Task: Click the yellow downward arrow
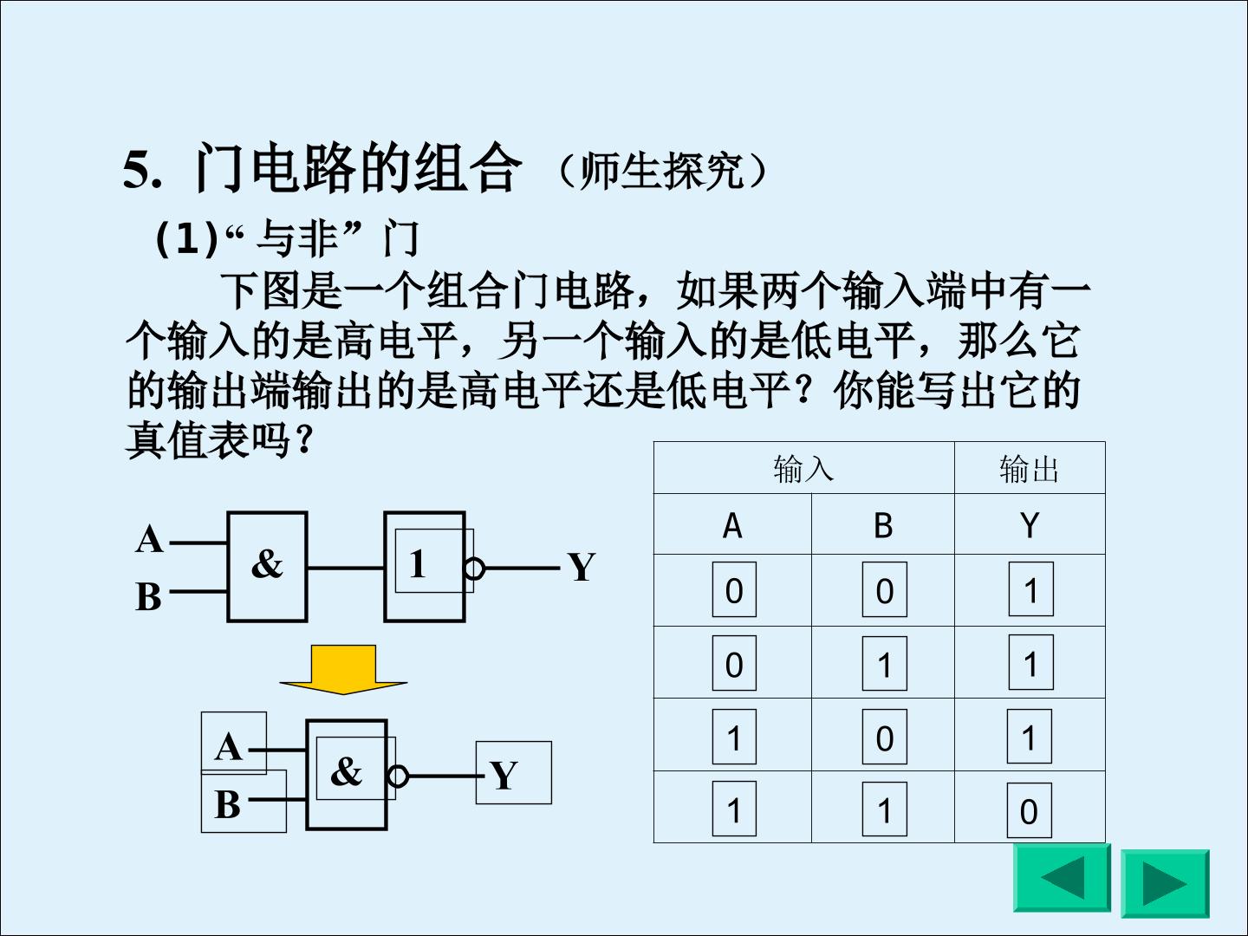(x=343, y=669)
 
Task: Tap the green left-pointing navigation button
(x=1062, y=878)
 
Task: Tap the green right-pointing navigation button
(x=1165, y=883)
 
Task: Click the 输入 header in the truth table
(x=803, y=469)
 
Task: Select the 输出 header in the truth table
(x=1029, y=469)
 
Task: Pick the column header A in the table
(x=732, y=525)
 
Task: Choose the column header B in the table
(x=883, y=525)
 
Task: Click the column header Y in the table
(x=1030, y=525)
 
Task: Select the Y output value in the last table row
(x=1029, y=811)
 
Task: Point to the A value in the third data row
(x=734, y=738)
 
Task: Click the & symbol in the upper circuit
(x=267, y=563)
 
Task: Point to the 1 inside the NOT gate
(x=418, y=563)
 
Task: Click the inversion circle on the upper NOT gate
(x=474, y=569)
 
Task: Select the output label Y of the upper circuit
(x=581, y=567)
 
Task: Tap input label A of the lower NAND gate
(x=229, y=746)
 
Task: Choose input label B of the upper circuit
(x=148, y=596)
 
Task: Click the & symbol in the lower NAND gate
(x=346, y=770)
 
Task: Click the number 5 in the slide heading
(x=138, y=169)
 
